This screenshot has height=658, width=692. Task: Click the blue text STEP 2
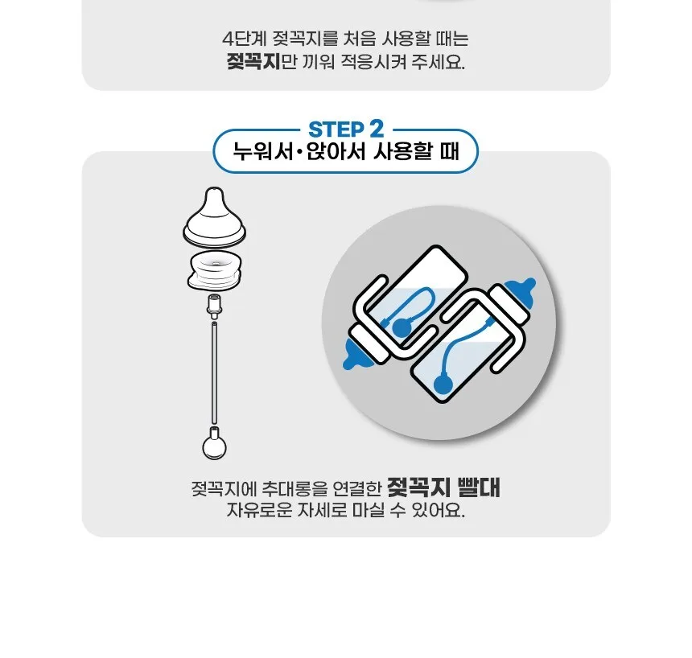346,130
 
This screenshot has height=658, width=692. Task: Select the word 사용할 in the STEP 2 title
402,151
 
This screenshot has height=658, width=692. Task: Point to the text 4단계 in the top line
245,39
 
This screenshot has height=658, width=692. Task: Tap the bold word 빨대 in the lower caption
480,487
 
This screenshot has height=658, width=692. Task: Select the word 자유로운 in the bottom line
259,510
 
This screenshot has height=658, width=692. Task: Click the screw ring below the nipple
215,269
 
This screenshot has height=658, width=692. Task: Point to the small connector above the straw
215,306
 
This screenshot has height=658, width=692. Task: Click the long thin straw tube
215,373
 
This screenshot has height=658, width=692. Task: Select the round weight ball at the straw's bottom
215,444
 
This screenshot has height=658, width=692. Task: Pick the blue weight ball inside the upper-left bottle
401,327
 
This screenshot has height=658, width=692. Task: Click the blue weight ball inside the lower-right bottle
443,384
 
